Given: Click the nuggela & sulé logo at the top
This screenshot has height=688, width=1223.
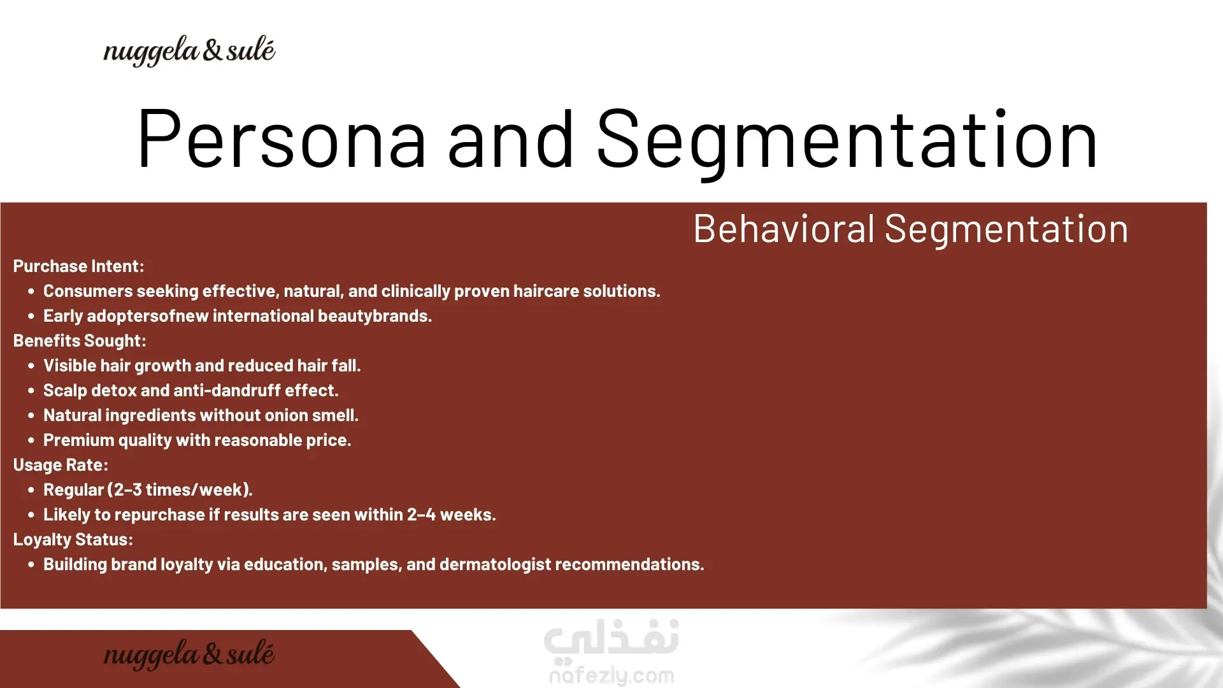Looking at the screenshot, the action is (x=189, y=51).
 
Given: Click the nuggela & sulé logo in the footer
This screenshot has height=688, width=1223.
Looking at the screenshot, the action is (x=189, y=654).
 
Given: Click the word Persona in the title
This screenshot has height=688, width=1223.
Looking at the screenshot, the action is (x=281, y=139).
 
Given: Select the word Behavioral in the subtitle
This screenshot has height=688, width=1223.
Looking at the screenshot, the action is (x=784, y=229).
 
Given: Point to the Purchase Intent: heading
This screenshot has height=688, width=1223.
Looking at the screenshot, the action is (x=79, y=266).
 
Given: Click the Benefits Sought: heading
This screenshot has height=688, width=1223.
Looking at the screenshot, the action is (x=80, y=341).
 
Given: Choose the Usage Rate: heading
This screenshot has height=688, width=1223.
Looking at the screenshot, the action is (x=61, y=465).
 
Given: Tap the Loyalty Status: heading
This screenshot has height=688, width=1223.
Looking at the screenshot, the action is (x=73, y=540).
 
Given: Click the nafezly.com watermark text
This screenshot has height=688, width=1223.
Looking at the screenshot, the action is (x=611, y=675).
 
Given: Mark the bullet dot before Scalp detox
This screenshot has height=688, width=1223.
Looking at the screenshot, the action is (x=31, y=391).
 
